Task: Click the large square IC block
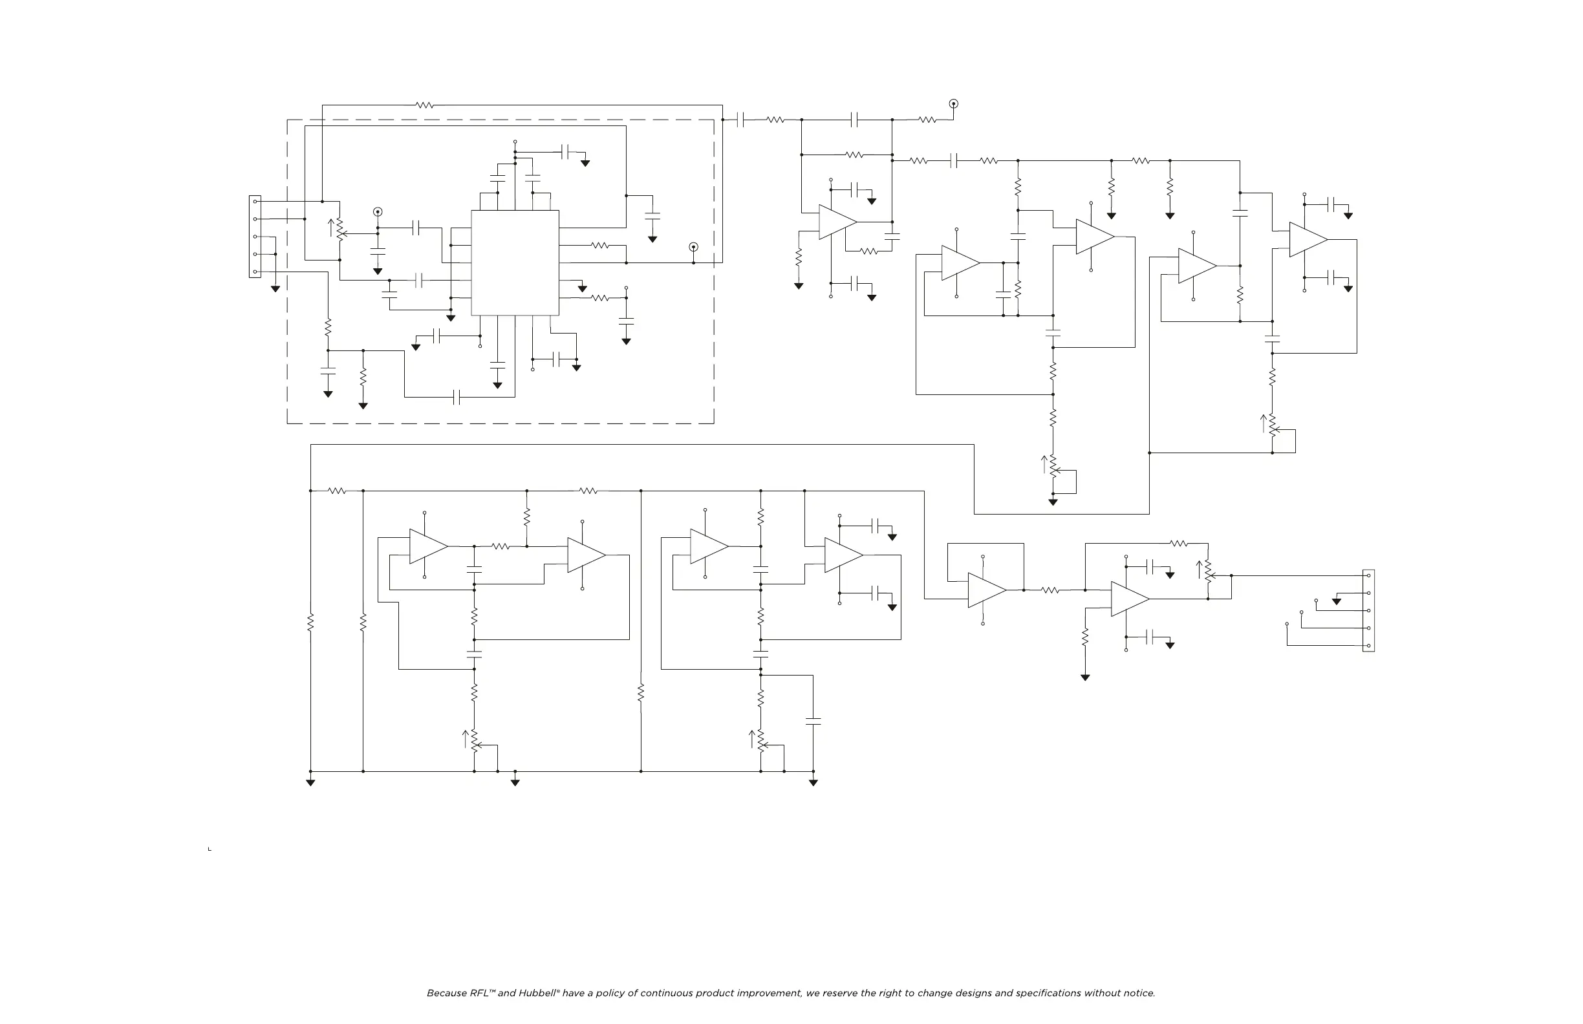515,262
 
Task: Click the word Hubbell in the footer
537,994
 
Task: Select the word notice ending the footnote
1139,994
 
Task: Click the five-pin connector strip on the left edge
255,237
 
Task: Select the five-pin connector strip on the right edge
1368,610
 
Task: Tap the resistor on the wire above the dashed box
425,105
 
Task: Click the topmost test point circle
953,103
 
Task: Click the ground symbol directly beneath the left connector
275,289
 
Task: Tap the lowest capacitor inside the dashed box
457,398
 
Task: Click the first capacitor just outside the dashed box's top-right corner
741,120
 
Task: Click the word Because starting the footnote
447,994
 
